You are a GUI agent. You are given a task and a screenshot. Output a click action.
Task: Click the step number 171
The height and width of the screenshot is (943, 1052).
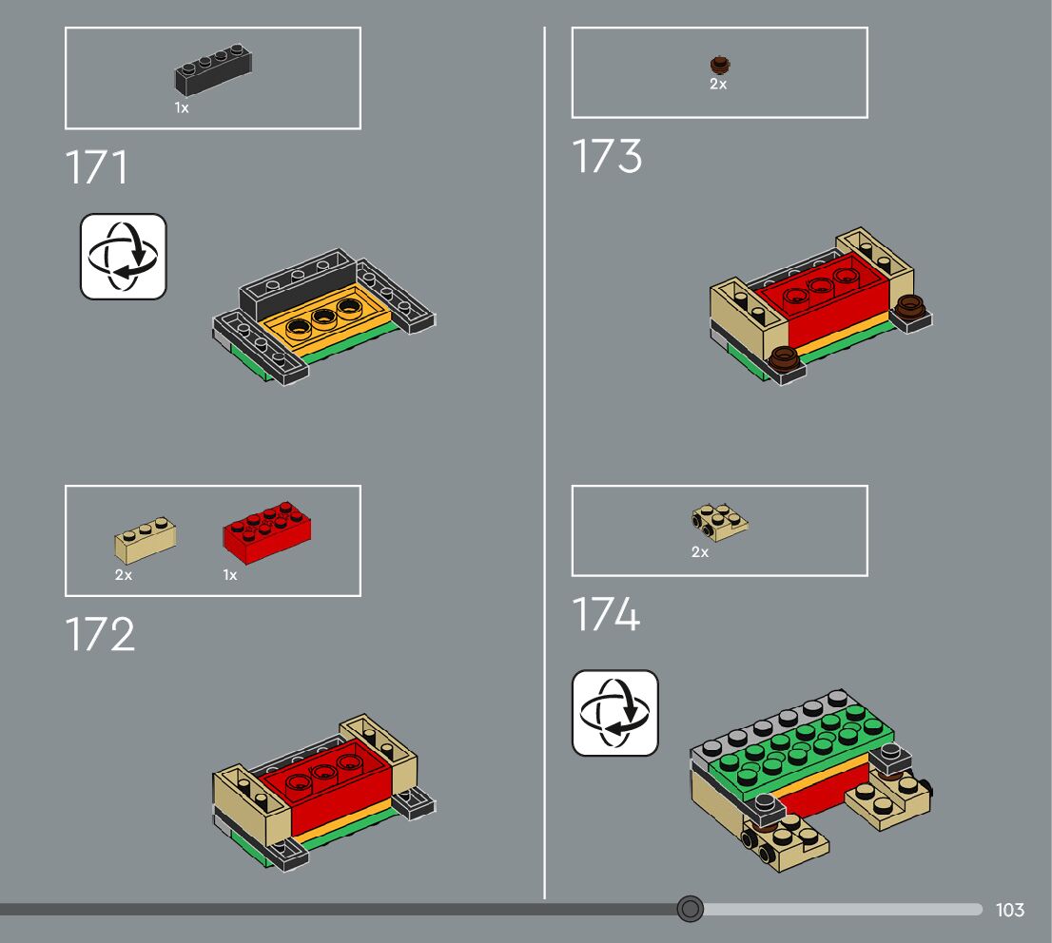coord(97,168)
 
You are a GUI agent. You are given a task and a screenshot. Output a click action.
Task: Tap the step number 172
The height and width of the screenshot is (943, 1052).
coord(101,635)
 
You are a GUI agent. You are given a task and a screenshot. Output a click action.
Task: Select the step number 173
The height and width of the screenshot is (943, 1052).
coord(607,157)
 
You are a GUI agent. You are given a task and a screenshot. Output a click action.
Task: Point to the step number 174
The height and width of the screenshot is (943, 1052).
coord(606,615)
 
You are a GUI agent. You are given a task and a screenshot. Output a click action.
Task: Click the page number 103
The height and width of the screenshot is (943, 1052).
coord(1010,910)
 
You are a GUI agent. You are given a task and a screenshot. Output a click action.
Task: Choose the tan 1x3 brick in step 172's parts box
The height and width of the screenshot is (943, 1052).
coord(146,540)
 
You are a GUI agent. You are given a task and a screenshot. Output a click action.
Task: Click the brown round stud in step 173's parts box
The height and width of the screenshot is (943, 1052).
coord(720,65)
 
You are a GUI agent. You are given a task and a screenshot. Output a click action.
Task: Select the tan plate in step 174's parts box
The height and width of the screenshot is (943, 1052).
coord(718,522)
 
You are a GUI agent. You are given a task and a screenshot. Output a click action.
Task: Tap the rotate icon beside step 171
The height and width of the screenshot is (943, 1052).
coord(124,257)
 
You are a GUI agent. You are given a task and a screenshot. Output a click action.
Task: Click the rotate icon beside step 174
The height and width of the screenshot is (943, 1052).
coord(615,713)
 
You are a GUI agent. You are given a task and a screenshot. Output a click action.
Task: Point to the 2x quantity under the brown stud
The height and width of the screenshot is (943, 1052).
coord(718,85)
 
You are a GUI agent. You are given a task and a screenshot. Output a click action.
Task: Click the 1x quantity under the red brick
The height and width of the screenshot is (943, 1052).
coord(230,575)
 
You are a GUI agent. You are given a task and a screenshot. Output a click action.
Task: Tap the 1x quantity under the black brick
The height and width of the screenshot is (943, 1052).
coord(182,108)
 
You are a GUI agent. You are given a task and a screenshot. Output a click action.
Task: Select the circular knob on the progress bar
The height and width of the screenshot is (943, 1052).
coord(691,910)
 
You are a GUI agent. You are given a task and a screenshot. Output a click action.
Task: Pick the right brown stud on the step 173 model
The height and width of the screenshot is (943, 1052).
coord(910,307)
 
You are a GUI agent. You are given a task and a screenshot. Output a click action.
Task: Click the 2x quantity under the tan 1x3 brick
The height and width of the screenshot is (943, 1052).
coord(124,575)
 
